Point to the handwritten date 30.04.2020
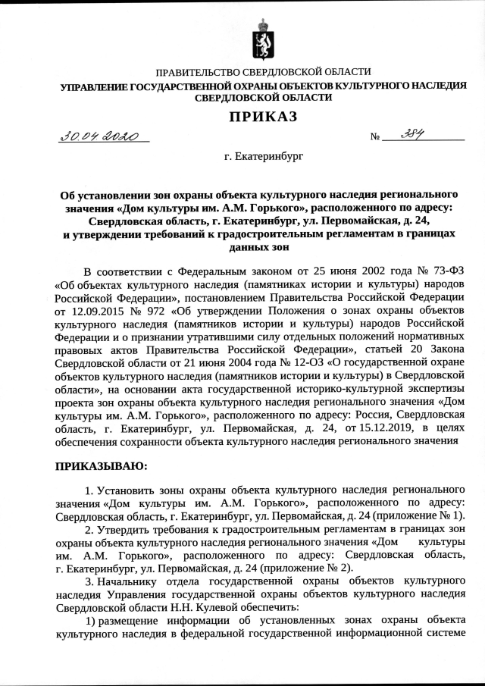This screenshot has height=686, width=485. (x=99, y=136)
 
